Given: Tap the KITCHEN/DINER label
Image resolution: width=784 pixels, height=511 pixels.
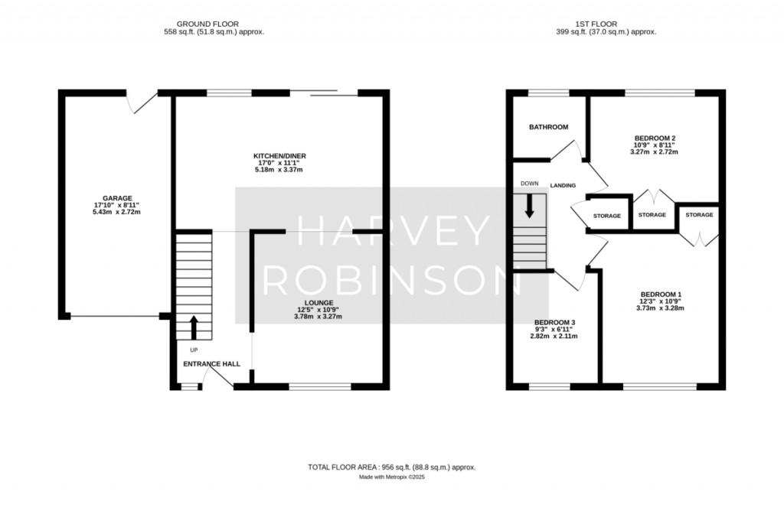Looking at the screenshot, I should [x=280, y=156].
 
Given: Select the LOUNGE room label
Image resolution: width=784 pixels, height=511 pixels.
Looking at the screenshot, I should [x=316, y=303].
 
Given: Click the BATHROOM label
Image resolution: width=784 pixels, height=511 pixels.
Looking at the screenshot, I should [x=548, y=127].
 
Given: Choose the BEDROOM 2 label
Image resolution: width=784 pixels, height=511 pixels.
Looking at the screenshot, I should [x=654, y=138].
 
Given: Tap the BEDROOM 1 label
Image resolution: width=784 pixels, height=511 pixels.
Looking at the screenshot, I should [x=660, y=295].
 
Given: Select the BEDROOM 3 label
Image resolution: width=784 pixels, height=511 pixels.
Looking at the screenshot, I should [x=555, y=322].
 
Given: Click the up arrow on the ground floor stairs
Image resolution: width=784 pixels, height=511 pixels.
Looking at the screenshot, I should [x=193, y=327].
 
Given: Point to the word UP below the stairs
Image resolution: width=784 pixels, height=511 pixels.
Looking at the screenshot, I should [x=193, y=350].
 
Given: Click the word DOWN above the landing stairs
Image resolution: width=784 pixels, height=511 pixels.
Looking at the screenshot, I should [x=529, y=184].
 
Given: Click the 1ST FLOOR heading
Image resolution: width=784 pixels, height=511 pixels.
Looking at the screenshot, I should [x=606, y=24].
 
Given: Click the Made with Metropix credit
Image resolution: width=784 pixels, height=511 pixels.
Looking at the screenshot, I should [x=392, y=477].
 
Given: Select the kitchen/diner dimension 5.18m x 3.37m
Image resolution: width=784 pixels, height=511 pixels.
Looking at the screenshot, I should [x=280, y=170].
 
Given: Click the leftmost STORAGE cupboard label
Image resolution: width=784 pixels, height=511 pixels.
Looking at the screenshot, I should [x=607, y=216].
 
